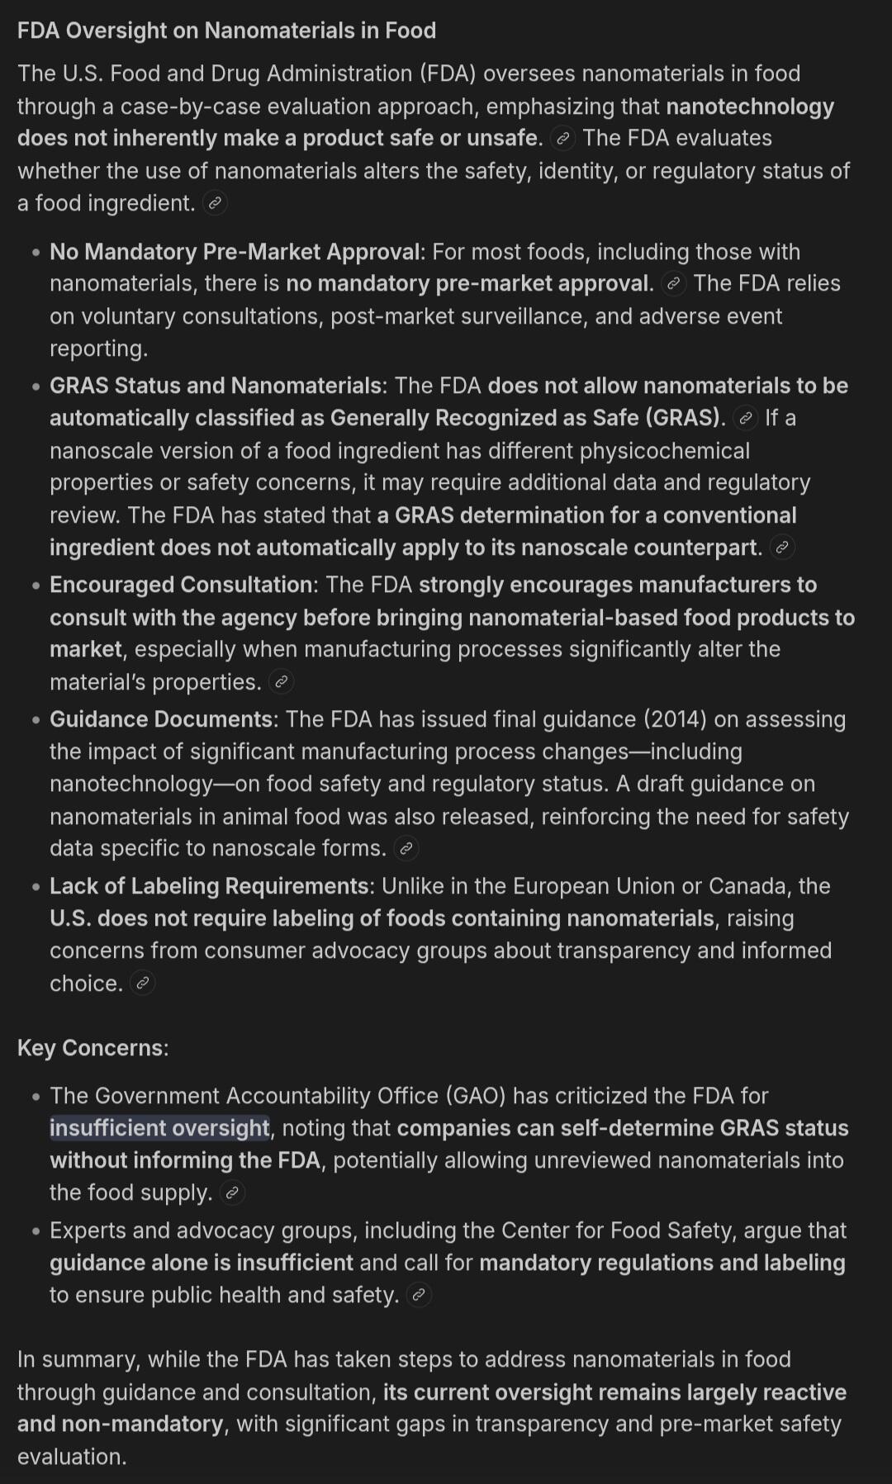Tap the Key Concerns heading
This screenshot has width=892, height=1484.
pos(93,1048)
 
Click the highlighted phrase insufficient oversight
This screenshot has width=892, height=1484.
pos(159,1128)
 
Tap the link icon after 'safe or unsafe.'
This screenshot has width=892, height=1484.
pos(562,139)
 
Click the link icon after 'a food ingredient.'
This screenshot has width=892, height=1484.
pos(215,203)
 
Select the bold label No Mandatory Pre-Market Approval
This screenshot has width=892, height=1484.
pos(236,252)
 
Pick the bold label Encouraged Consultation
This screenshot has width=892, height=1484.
pos(181,585)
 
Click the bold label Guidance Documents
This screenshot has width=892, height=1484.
pos(162,719)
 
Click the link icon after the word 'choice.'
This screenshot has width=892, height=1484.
pos(142,984)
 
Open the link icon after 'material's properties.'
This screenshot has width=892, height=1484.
pos(281,682)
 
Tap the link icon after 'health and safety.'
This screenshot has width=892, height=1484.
pos(419,1295)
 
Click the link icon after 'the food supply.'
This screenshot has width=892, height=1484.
pos(232,1193)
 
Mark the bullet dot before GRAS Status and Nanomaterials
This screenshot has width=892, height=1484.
pos(36,386)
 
